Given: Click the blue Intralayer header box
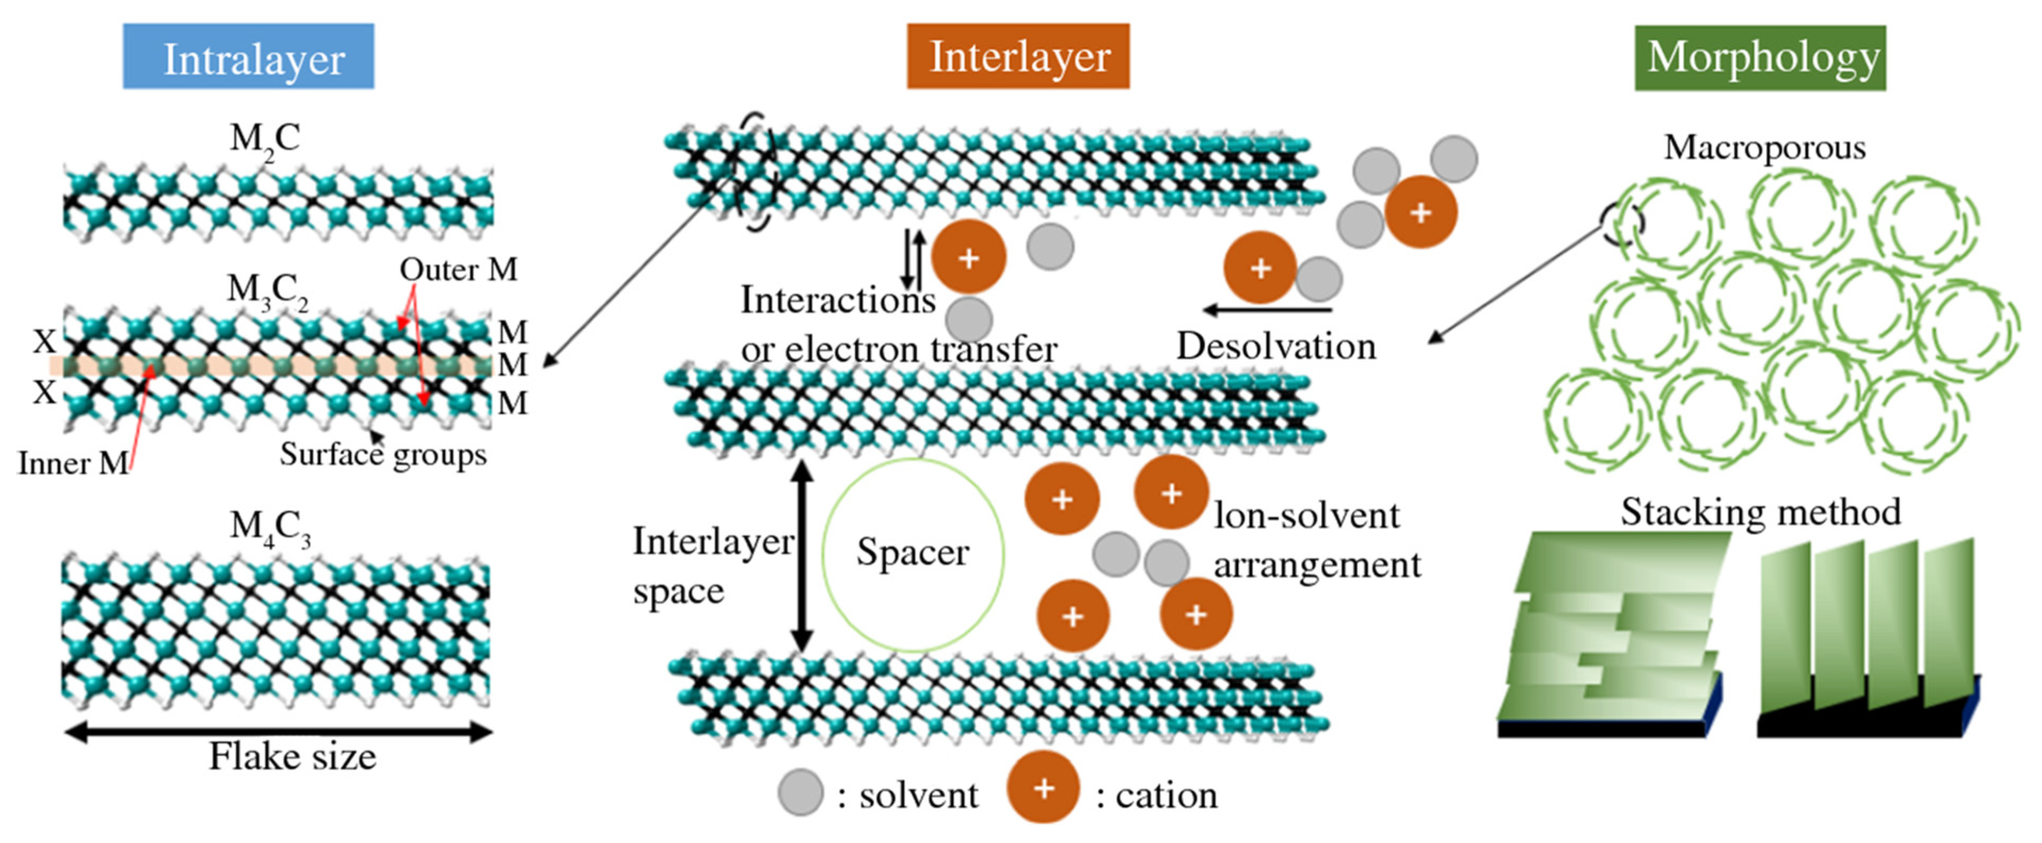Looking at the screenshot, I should click(x=248, y=57).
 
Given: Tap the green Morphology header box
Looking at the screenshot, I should click(x=1760, y=58).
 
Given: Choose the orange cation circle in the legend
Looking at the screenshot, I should click(x=1043, y=788).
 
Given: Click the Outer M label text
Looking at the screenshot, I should click(x=458, y=269).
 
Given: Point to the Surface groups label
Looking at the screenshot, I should click(x=383, y=455).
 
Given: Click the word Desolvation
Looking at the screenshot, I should click(x=1275, y=347).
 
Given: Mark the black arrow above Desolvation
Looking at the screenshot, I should click(x=1267, y=309).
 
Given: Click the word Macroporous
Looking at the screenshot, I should click(x=1765, y=147).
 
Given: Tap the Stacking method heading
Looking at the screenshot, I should click(x=1760, y=512).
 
